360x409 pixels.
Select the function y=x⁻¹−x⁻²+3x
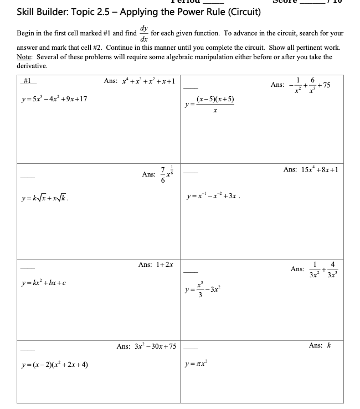coord(214,196)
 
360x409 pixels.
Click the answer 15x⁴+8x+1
coord(311,169)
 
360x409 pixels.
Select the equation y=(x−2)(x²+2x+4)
coord(53,364)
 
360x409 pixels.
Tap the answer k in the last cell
coord(328,345)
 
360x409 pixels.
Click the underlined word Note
coord(23,56)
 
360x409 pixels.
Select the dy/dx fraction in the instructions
coord(144,34)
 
